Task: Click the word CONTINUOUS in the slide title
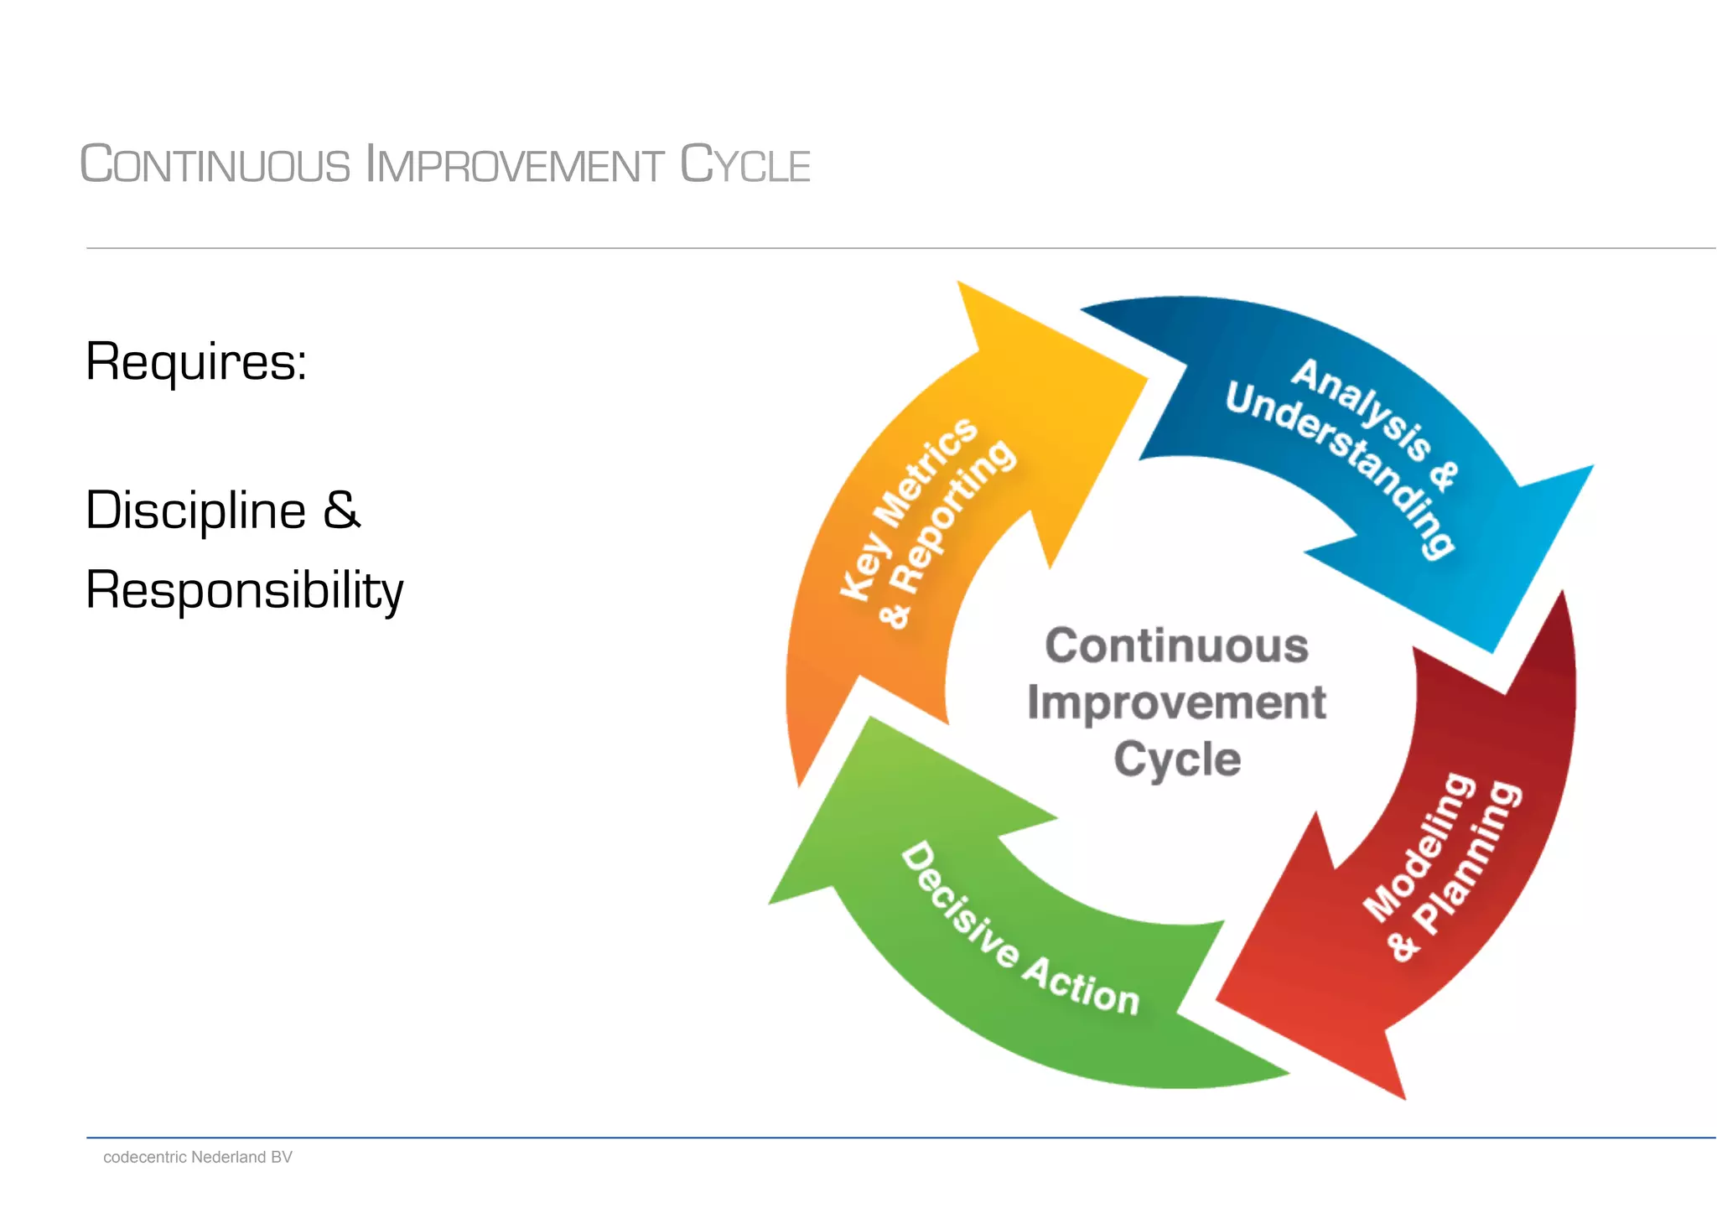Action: tap(215, 164)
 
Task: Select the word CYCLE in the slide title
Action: tap(744, 164)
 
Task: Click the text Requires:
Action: tap(196, 362)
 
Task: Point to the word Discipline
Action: tap(196, 510)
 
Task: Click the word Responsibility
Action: tap(244, 589)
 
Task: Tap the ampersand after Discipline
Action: tap(341, 510)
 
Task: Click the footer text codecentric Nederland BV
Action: tap(197, 1157)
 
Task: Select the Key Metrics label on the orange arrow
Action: tap(908, 508)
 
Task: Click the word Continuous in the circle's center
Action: tap(1176, 645)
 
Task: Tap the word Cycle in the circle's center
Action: tap(1176, 759)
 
